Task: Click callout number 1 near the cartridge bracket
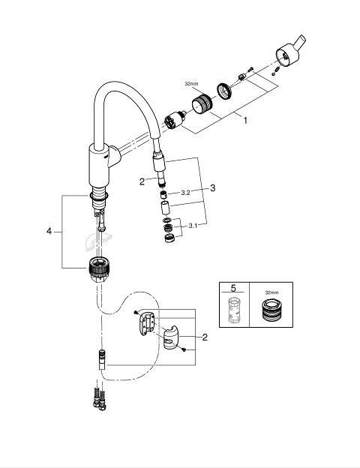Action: tap(245, 121)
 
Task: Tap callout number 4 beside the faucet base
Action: tap(49, 231)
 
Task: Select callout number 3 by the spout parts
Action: tap(212, 188)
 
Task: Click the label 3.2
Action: tap(185, 193)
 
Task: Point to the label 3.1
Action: tap(193, 226)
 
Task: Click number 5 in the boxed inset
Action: tap(233, 288)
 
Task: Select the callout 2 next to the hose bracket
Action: tap(205, 337)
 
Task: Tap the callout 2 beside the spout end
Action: tap(142, 181)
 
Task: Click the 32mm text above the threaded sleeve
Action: tap(191, 84)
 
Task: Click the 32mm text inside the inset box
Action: tap(271, 292)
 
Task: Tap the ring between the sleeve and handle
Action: tap(224, 91)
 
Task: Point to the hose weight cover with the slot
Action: tap(171, 339)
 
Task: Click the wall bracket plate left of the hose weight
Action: tap(146, 323)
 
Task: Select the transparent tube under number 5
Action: tap(234, 310)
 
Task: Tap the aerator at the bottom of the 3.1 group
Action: tap(169, 238)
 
